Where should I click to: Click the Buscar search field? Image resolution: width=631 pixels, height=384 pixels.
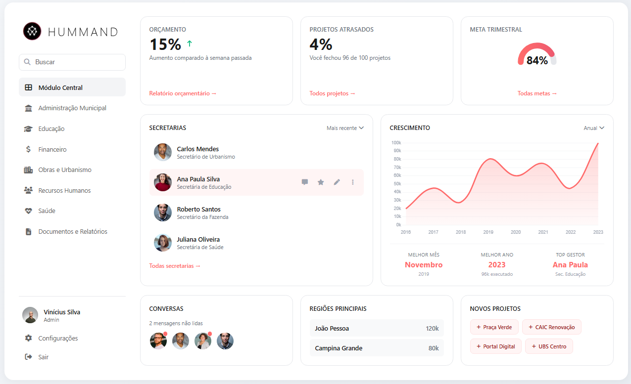coord(72,62)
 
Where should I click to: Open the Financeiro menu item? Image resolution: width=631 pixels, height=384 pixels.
coord(52,149)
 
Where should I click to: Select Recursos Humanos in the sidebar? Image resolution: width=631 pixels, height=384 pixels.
coord(64,190)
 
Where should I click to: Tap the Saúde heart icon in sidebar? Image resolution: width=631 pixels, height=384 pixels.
coord(28,211)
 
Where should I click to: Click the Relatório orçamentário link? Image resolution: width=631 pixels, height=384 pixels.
coord(183,93)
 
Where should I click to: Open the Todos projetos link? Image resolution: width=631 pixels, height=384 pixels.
coord(332,93)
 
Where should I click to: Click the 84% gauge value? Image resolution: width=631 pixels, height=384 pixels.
coord(537,61)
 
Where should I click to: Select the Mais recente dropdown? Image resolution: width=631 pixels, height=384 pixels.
coord(345,128)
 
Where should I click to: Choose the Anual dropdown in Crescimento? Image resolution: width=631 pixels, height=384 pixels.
coord(593,128)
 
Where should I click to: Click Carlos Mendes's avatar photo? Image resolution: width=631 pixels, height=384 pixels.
coord(163,152)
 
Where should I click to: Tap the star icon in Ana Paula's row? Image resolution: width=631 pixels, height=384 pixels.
coord(321,182)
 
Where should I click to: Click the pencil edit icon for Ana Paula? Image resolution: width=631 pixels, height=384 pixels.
coord(337,182)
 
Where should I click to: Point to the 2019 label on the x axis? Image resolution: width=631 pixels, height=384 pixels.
coord(488,232)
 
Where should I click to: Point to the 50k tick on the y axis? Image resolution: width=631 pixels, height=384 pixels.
coord(396,184)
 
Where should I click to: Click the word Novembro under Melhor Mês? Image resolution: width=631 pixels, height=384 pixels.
coord(424,265)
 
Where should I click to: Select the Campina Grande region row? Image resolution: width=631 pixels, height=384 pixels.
coord(377,348)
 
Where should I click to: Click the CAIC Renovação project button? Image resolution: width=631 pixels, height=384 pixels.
coord(551,327)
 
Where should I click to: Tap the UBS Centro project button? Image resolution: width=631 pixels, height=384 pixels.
coord(549,346)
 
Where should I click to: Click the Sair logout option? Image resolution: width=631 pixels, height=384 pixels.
coord(43,357)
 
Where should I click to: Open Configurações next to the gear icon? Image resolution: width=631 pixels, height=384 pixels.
coord(58,339)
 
